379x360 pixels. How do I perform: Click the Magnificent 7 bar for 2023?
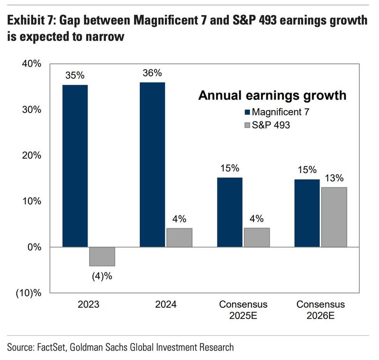coord(75,166)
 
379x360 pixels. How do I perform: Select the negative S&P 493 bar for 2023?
coord(102,257)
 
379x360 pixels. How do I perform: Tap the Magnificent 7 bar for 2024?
coord(153,165)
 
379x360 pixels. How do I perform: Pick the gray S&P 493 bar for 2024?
coord(179,238)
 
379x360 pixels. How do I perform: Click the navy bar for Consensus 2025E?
coord(230,212)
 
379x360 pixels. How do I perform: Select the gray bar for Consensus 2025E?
coord(256,238)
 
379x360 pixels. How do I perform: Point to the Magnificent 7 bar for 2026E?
coord(307,213)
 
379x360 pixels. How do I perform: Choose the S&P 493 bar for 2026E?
coord(334,217)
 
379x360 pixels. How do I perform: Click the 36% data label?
coord(153,73)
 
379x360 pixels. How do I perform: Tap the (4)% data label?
coord(102,276)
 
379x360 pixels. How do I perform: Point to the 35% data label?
coord(75,75)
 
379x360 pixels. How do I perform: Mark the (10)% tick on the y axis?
coord(29,293)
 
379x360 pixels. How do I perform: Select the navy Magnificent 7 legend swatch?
coord(246,112)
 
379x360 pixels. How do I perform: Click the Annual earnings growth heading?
coord(271,95)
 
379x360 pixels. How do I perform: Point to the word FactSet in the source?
coord(52,347)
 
